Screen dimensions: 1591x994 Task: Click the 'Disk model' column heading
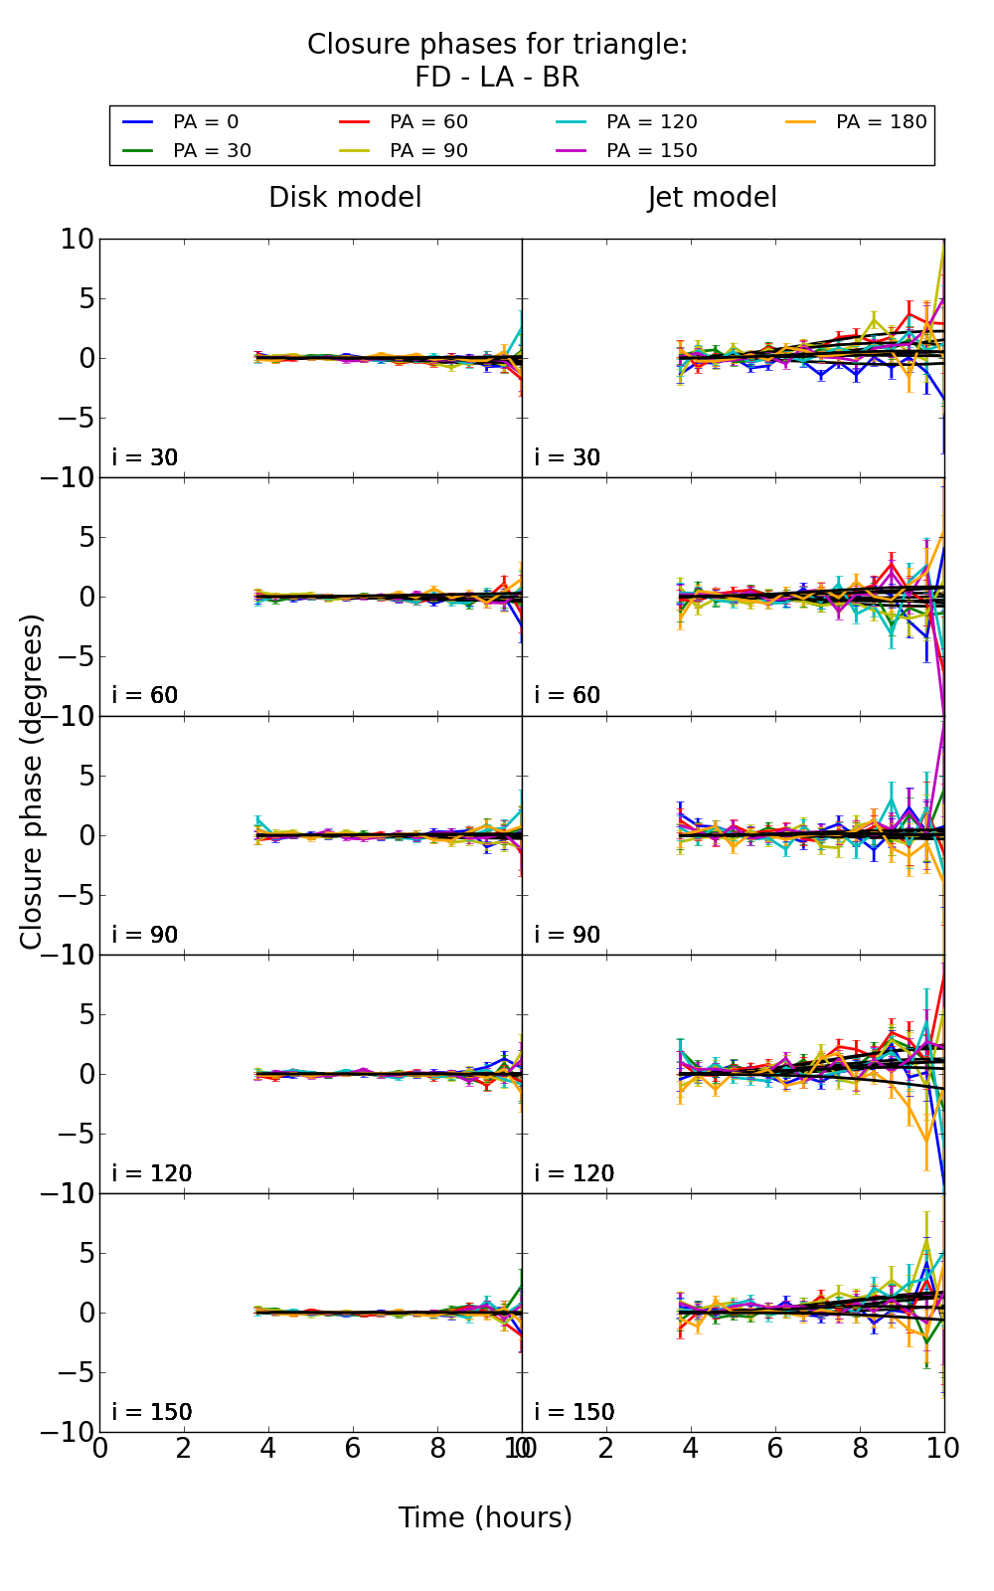click(345, 198)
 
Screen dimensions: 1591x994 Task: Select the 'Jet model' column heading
click(712, 198)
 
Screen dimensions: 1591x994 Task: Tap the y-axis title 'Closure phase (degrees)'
click(32, 782)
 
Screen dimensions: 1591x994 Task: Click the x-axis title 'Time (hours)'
click(485, 1517)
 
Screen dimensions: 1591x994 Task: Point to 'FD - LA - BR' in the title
click(497, 78)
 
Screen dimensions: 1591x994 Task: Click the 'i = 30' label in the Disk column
click(145, 457)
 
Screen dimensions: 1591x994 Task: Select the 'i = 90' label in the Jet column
click(568, 935)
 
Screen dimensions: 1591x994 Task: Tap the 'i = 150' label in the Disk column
click(152, 1412)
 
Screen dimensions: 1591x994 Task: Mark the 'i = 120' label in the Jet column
click(575, 1173)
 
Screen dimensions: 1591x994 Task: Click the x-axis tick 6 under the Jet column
click(775, 1448)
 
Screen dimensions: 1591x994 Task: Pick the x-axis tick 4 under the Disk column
click(268, 1448)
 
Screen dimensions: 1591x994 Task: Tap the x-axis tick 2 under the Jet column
click(606, 1448)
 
